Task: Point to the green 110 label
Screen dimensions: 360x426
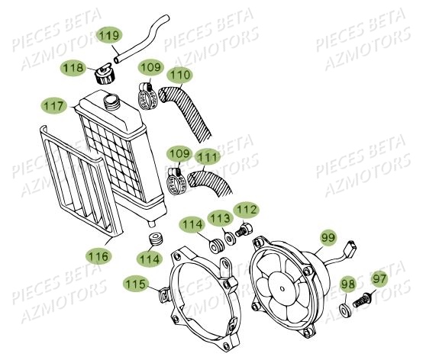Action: [180, 76]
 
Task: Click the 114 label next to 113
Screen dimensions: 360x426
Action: [192, 225]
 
